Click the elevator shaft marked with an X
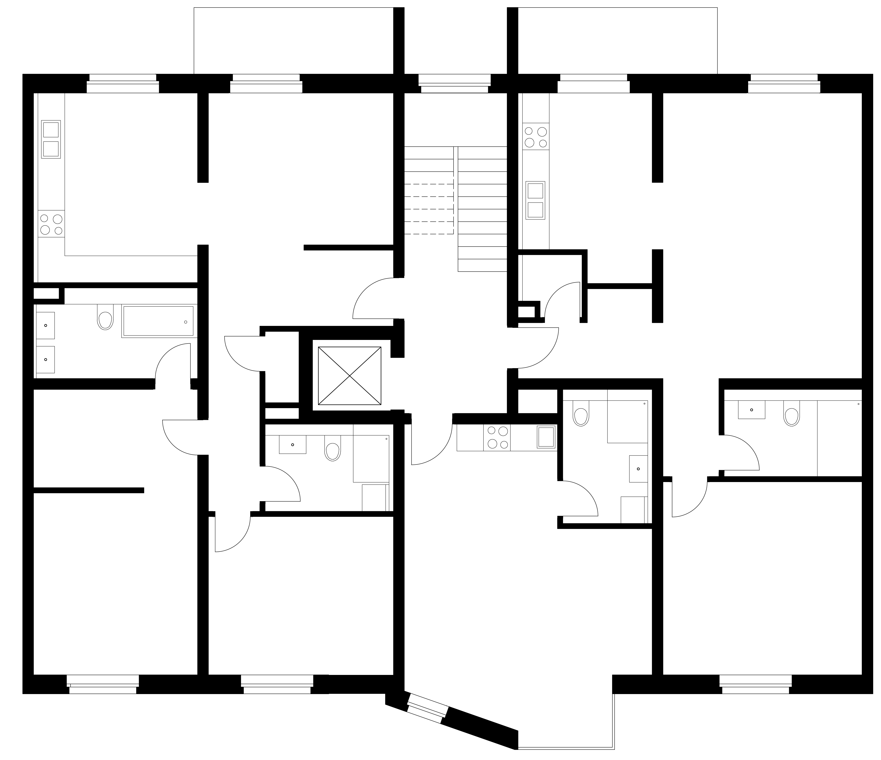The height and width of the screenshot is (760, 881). pyautogui.click(x=350, y=376)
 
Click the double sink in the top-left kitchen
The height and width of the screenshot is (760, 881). pyautogui.click(x=51, y=139)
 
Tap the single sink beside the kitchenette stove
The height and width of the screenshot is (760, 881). pyautogui.click(x=546, y=437)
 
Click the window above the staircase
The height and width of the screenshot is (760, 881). pyautogui.click(x=455, y=83)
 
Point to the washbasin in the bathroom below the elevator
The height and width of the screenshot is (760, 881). pyautogui.click(x=293, y=445)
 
